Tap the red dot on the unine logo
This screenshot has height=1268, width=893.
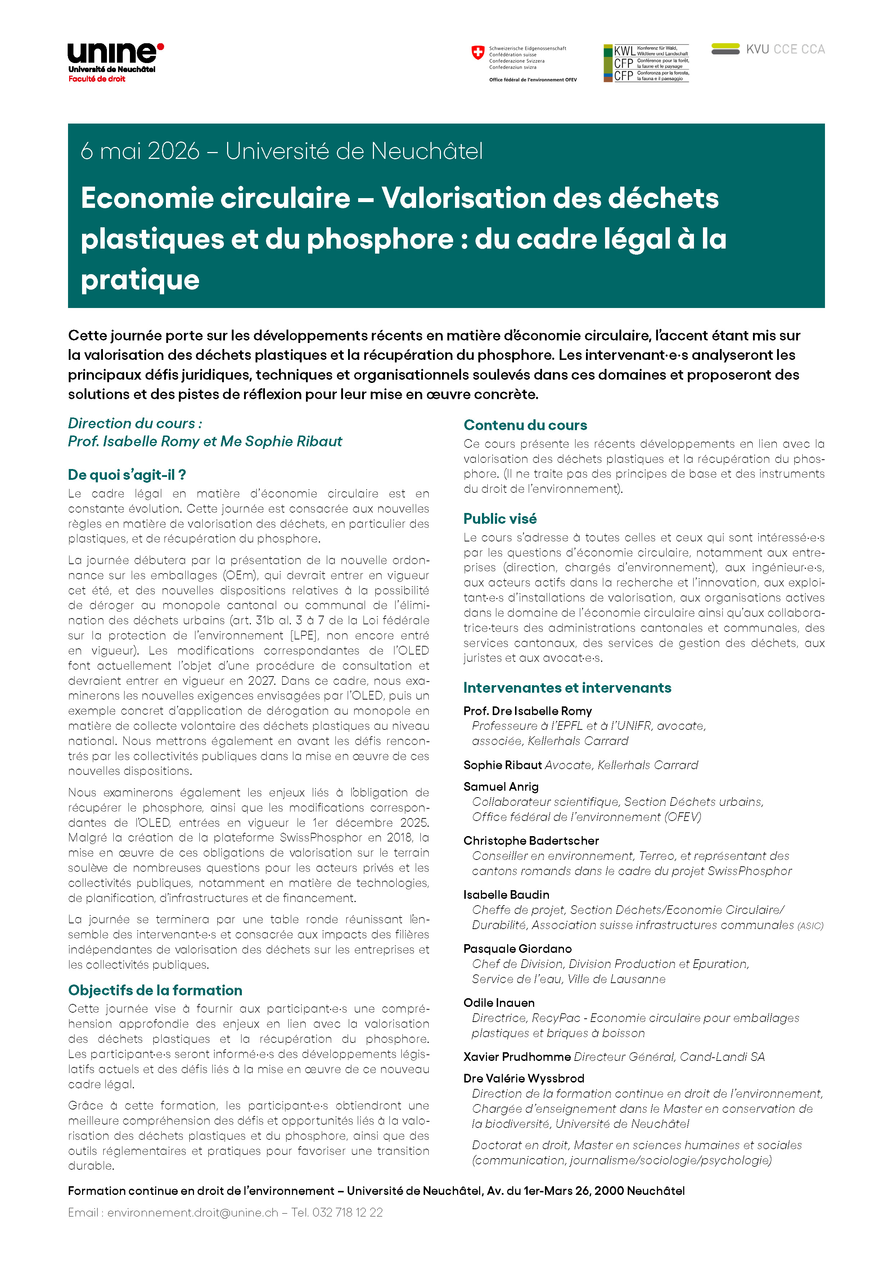click(x=161, y=47)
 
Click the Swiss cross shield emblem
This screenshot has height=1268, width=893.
click(x=478, y=53)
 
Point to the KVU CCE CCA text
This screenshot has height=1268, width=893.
click(x=785, y=49)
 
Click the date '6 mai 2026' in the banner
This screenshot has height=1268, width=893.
click(x=140, y=151)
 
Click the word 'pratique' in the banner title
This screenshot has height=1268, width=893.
click(x=140, y=280)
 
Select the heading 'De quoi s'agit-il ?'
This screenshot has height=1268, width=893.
click(x=127, y=475)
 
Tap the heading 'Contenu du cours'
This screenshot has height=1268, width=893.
click(x=525, y=425)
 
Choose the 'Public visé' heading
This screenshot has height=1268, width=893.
click(x=500, y=519)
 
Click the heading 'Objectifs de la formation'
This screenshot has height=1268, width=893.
click(x=155, y=990)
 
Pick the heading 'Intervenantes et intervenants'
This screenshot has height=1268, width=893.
click(x=567, y=688)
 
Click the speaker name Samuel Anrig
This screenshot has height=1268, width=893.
click(x=501, y=786)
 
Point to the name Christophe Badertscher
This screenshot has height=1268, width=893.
click(x=531, y=840)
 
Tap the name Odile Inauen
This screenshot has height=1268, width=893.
click(x=499, y=1003)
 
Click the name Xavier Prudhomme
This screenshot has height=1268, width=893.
click(x=517, y=1057)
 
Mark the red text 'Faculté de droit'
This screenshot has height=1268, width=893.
click(x=96, y=79)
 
